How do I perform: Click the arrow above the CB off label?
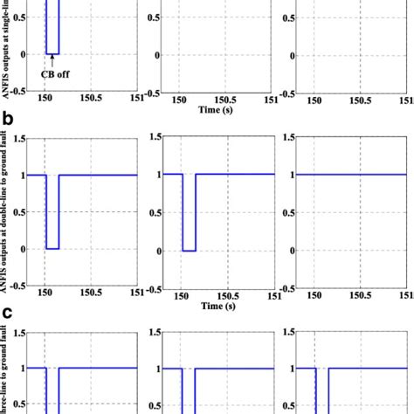point(52,61)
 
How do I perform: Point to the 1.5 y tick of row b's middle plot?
point(156,136)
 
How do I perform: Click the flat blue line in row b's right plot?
point(349,175)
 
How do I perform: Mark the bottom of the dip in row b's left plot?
point(52,250)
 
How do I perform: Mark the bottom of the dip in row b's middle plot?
point(189,250)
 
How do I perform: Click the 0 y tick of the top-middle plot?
point(158,55)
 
